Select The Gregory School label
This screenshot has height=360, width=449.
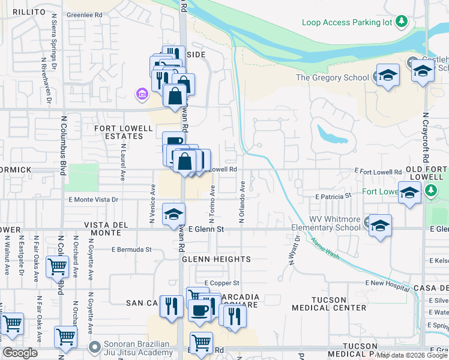(x=332, y=77)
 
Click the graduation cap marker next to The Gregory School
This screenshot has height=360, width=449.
(x=388, y=76)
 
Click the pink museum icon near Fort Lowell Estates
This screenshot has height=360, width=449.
(x=142, y=94)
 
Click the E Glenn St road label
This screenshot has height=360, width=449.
(x=206, y=229)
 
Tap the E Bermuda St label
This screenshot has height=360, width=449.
(x=131, y=249)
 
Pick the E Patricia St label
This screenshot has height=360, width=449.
(x=333, y=196)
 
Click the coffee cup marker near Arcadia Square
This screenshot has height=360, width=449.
(x=199, y=310)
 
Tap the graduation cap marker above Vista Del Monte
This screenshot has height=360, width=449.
(x=173, y=214)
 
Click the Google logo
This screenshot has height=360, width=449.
(x=20, y=353)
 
